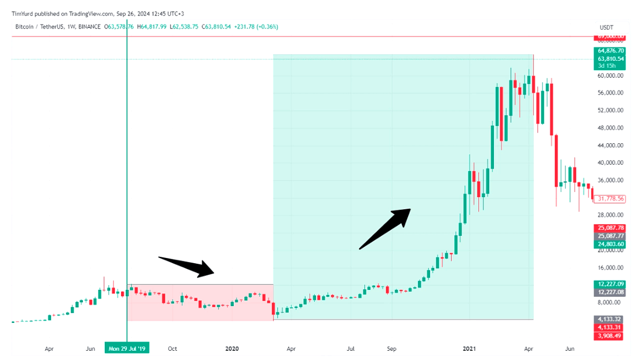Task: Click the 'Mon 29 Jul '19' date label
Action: (x=126, y=348)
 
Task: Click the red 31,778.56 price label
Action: (x=611, y=199)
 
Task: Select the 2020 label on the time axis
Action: (x=232, y=348)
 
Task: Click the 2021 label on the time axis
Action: (x=470, y=348)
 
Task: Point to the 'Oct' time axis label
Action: (x=172, y=348)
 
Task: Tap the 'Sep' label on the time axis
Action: (x=392, y=348)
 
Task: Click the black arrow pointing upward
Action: (x=385, y=228)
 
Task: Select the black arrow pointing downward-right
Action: (x=187, y=266)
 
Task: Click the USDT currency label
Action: (x=606, y=27)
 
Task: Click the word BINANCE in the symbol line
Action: (x=89, y=27)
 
